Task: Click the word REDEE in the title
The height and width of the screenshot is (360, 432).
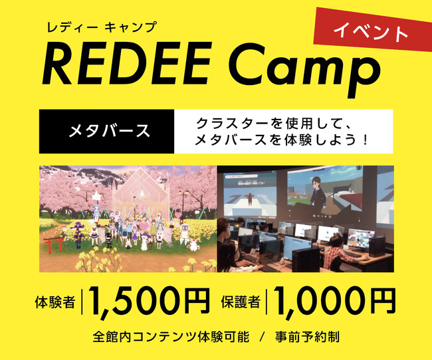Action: pos(126,63)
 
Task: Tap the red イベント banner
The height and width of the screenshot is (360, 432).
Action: pos(372,29)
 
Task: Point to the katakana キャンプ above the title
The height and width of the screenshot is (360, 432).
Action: pos(131,27)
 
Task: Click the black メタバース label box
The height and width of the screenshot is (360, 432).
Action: pos(106,132)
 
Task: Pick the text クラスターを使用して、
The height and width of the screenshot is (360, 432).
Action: pos(272,124)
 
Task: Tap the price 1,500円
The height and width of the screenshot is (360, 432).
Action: pos(148,301)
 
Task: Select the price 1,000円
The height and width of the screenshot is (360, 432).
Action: pos(334,301)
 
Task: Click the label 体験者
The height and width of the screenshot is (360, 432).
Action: pos(55,302)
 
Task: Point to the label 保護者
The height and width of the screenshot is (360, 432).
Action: pos(241,302)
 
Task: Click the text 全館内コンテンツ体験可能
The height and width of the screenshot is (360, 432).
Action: pos(171,337)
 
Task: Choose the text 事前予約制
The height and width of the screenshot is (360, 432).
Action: pos(307,337)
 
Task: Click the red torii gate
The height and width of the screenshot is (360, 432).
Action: pos(53,244)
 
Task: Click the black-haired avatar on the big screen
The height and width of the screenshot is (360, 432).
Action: pos(318,195)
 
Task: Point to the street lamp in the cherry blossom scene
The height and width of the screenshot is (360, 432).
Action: pos(183,205)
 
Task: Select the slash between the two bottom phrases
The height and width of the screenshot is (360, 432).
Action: pos(263,337)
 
